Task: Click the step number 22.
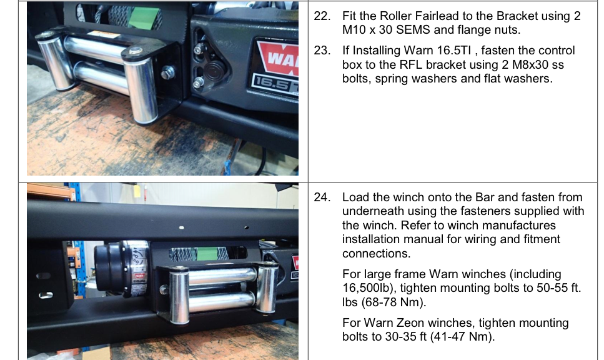(322, 16)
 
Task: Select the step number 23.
(322, 51)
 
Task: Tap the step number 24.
(322, 197)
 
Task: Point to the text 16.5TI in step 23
(454, 51)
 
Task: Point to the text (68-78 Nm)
(394, 302)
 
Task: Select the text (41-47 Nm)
(462, 337)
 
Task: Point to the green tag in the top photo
(144, 17)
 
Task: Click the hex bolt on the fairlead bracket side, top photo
(168, 72)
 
